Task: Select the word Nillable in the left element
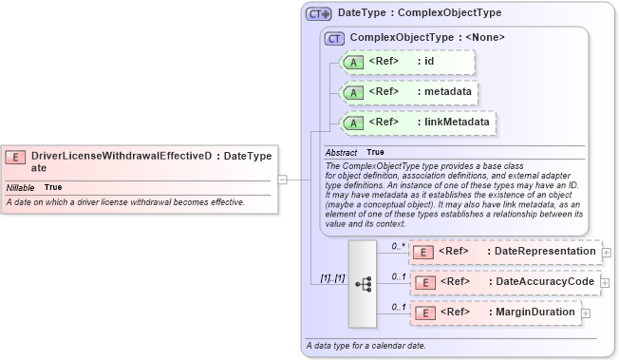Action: tap(20, 187)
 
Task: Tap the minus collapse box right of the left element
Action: tap(282, 178)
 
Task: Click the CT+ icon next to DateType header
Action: tap(318, 13)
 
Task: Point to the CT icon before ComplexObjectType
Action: tap(334, 38)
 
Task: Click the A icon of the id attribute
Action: tap(353, 62)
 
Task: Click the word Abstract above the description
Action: tap(341, 152)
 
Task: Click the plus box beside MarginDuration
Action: tap(586, 313)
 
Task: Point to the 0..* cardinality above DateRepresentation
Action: tap(399, 245)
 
